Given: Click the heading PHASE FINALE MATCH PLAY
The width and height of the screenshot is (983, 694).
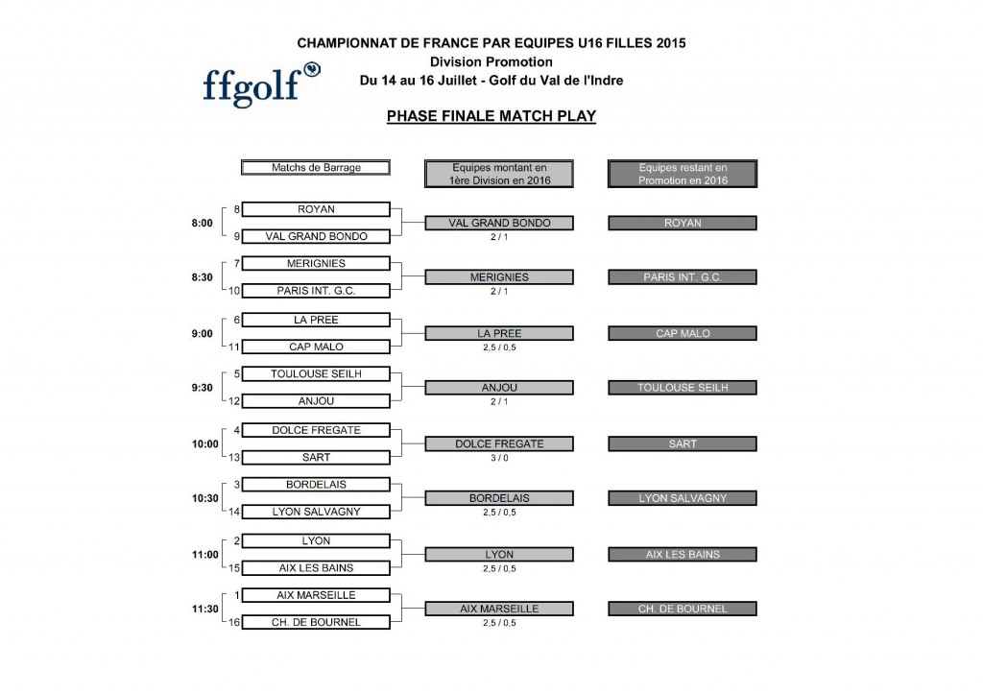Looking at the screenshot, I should coord(491,116).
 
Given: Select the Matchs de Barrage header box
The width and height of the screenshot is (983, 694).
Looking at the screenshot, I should coord(316,168).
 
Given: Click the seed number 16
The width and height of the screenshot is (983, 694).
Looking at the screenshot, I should coord(234,622).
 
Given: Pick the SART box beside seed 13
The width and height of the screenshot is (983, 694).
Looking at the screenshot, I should coord(316,458).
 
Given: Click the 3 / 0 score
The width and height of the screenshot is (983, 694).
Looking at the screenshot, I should coord(498,458).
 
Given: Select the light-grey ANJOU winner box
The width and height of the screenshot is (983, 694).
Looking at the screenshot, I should coord(498,388).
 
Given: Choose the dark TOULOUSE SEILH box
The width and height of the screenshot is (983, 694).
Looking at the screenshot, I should coord(683,388).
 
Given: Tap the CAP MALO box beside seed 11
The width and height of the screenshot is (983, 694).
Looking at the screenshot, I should coord(316,347).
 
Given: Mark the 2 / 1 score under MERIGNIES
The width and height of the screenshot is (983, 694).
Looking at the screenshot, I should coord(498,291).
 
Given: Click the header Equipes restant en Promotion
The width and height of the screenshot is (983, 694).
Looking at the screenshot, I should coord(683,174).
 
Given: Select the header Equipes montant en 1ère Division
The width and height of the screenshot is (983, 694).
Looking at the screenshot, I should coord(498,174).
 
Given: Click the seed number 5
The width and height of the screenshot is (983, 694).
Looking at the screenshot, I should coord(236,373).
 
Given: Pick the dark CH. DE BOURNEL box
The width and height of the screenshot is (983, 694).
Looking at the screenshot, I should coord(683,609).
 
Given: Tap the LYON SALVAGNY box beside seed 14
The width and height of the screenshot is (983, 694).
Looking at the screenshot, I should coord(316,513).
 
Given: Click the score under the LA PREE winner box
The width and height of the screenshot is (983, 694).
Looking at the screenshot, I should coord(498,347).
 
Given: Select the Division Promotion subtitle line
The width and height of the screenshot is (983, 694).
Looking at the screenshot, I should coord(491,62).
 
